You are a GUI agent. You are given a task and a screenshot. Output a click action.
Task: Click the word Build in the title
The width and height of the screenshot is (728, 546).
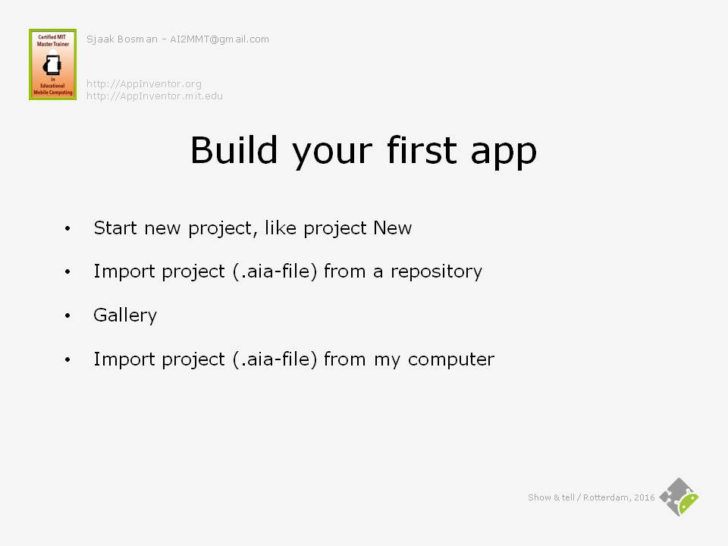click(234, 150)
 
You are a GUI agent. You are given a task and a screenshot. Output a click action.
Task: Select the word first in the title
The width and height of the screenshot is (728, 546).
click(422, 150)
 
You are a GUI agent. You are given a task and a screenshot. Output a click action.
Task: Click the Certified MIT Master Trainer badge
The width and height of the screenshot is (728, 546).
click(52, 64)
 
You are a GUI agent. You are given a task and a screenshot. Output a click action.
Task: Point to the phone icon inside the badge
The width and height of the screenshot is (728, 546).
click(52, 65)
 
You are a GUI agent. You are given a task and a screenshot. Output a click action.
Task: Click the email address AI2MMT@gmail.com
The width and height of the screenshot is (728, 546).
click(220, 39)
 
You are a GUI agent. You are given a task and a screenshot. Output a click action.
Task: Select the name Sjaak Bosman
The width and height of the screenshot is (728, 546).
click(122, 39)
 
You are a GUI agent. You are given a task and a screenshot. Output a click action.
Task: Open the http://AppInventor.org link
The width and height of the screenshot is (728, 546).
click(144, 84)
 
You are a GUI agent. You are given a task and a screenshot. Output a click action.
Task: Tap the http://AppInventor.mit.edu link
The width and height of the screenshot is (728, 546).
click(155, 96)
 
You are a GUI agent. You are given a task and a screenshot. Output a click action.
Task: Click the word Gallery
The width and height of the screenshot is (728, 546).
click(125, 315)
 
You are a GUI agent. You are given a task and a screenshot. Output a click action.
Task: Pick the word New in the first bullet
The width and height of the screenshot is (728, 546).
click(392, 228)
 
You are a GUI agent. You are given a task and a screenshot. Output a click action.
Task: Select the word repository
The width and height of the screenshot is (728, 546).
click(437, 272)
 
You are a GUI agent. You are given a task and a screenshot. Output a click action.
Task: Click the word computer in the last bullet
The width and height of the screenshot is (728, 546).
click(451, 359)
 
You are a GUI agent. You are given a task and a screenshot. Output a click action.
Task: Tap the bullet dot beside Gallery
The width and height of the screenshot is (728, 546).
click(67, 315)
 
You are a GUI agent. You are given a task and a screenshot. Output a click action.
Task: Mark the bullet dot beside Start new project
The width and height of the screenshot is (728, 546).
click(67, 228)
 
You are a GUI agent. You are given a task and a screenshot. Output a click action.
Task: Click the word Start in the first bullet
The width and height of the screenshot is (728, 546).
click(115, 228)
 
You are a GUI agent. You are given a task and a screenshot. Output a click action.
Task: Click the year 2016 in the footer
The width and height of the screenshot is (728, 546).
click(645, 497)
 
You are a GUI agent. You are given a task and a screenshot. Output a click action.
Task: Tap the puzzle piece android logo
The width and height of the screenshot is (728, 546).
click(679, 497)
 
